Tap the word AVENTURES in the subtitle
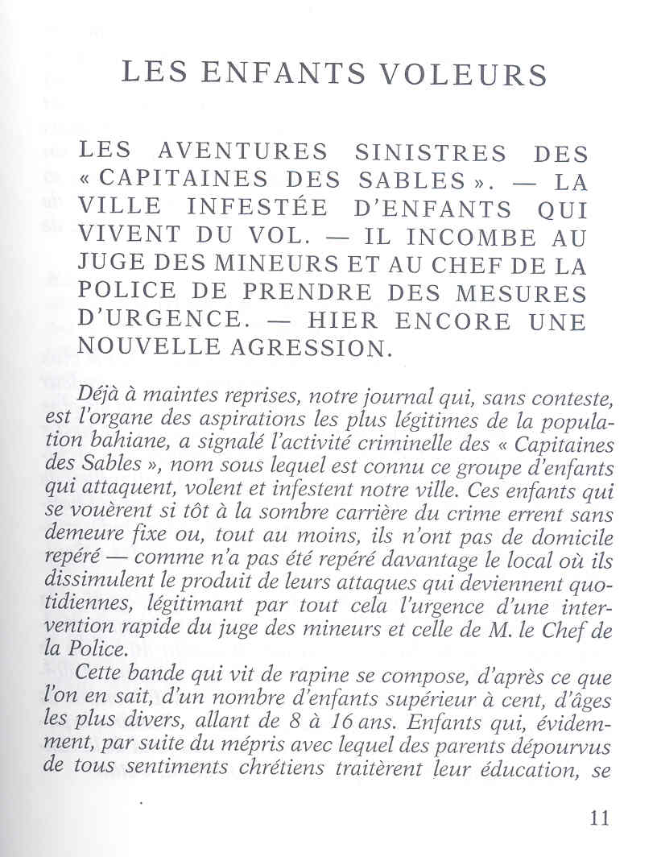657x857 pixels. coord(242,152)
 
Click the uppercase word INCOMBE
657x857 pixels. coord(448,238)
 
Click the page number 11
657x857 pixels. coord(598,818)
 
